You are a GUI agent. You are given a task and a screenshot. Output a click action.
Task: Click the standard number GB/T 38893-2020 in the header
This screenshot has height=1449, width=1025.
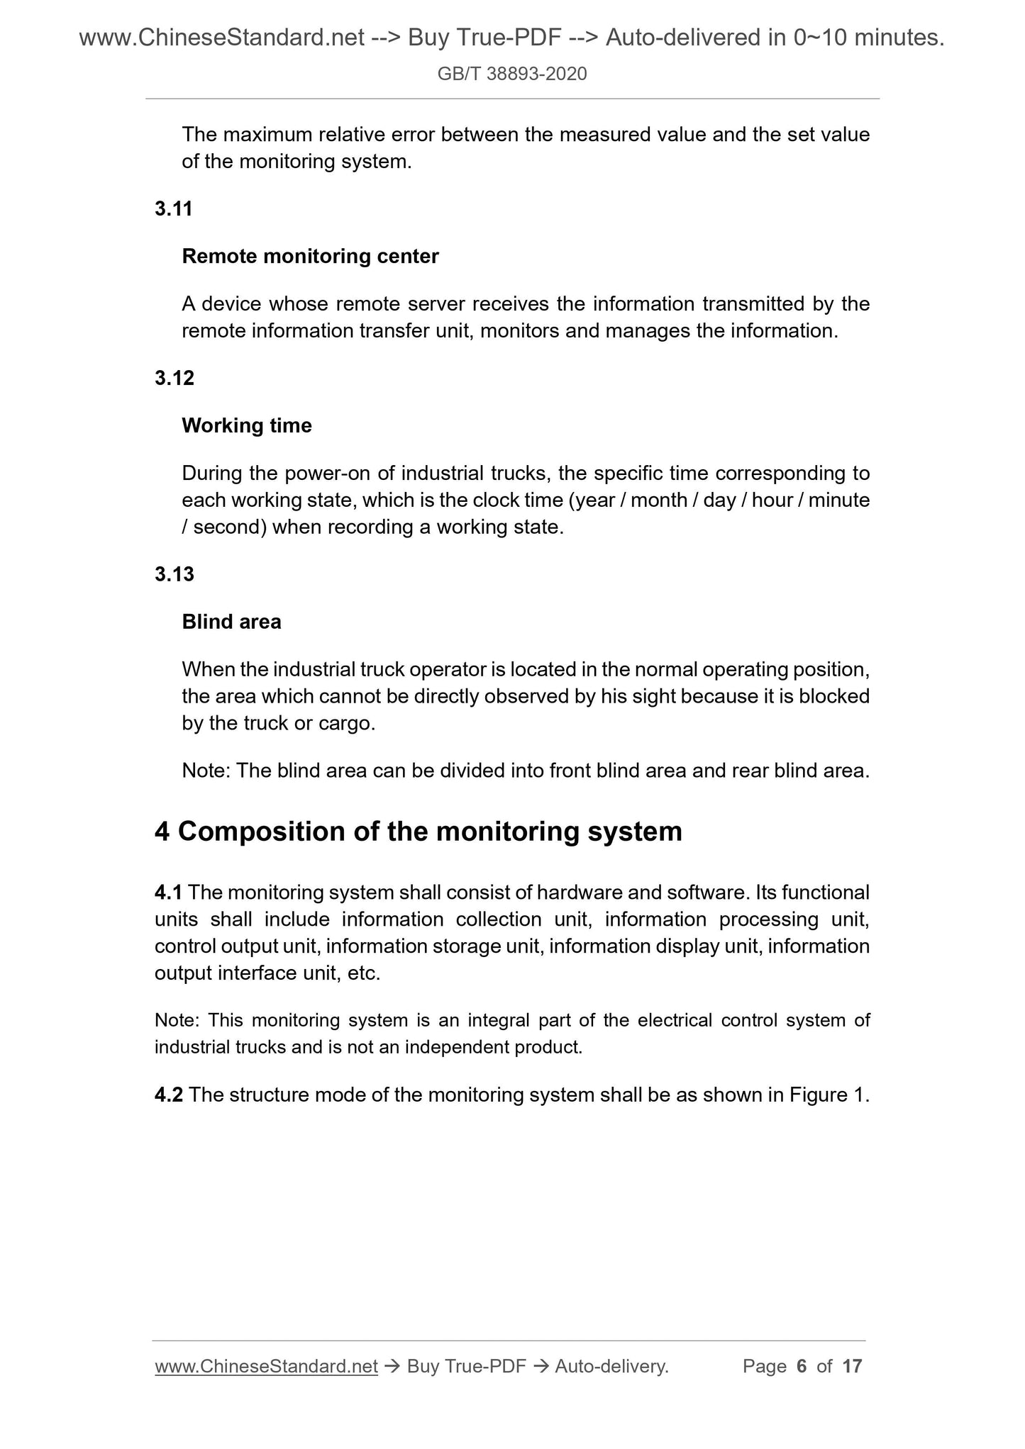(x=512, y=74)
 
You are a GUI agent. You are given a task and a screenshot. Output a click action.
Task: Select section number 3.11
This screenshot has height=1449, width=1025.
(x=174, y=209)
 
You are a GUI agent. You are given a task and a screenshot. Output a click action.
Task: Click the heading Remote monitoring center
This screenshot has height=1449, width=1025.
(x=310, y=257)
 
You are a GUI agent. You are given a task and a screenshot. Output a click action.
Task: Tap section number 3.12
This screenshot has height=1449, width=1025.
(x=174, y=379)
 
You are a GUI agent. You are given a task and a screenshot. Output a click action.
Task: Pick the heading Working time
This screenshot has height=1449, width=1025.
(x=247, y=426)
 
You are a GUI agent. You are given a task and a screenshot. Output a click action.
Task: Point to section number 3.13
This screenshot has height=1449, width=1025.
(x=174, y=574)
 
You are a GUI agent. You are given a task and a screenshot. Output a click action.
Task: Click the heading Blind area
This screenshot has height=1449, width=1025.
(x=231, y=622)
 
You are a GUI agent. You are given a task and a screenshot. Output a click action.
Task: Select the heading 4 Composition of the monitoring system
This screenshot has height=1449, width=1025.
(x=418, y=832)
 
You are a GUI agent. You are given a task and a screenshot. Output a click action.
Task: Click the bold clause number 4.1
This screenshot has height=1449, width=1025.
(x=168, y=893)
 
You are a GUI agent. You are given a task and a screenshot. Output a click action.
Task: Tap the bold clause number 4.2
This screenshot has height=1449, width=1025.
(x=169, y=1095)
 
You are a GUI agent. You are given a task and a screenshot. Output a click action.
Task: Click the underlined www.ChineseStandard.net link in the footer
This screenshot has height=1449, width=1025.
(x=266, y=1366)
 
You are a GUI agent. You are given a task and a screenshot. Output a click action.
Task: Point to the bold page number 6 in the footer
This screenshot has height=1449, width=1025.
(x=802, y=1366)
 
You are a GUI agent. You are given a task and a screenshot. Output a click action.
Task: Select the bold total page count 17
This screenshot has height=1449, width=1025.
(x=852, y=1366)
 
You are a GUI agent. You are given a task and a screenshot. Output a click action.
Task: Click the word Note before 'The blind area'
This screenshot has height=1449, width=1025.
(x=205, y=771)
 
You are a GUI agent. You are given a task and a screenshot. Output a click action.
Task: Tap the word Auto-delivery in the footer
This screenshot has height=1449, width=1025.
(x=611, y=1366)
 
